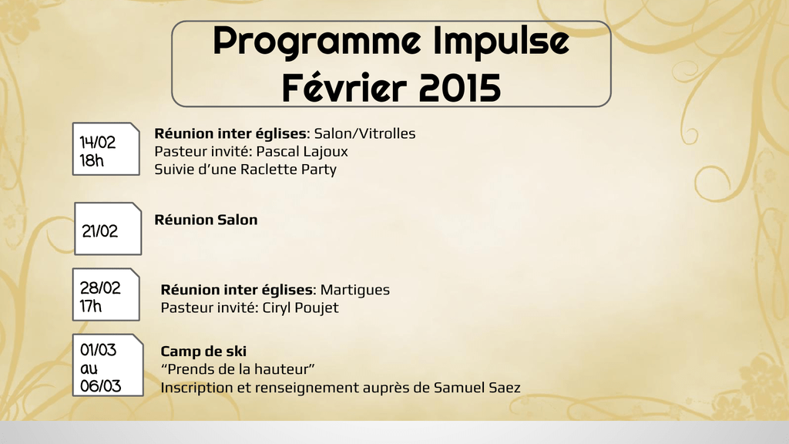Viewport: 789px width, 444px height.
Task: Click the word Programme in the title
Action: [x=317, y=43]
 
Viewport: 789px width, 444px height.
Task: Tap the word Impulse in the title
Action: [x=501, y=43]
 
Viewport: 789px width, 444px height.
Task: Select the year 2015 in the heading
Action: [x=459, y=88]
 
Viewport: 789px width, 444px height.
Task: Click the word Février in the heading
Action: [x=344, y=88]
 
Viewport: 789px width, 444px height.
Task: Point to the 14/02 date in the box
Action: [x=98, y=143]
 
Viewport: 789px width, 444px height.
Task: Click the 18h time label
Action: [x=92, y=160]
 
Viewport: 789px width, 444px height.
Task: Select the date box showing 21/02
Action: [x=108, y=229]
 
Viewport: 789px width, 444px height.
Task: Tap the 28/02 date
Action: [x=100, y=288]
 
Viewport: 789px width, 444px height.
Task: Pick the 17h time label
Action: [x=91, y=306]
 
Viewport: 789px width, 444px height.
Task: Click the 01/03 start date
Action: [x=98, y=350]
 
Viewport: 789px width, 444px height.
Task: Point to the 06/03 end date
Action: [x=101, y=386]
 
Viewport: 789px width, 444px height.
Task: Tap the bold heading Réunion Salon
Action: [x=206, y=220]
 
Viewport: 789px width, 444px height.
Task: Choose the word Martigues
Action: [x=354, y=291]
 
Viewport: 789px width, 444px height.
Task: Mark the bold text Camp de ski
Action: [x=203, y=351]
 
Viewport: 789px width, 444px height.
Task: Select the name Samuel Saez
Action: [x=477, y=388]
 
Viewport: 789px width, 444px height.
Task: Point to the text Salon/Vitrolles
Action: [x=364, y=133]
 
